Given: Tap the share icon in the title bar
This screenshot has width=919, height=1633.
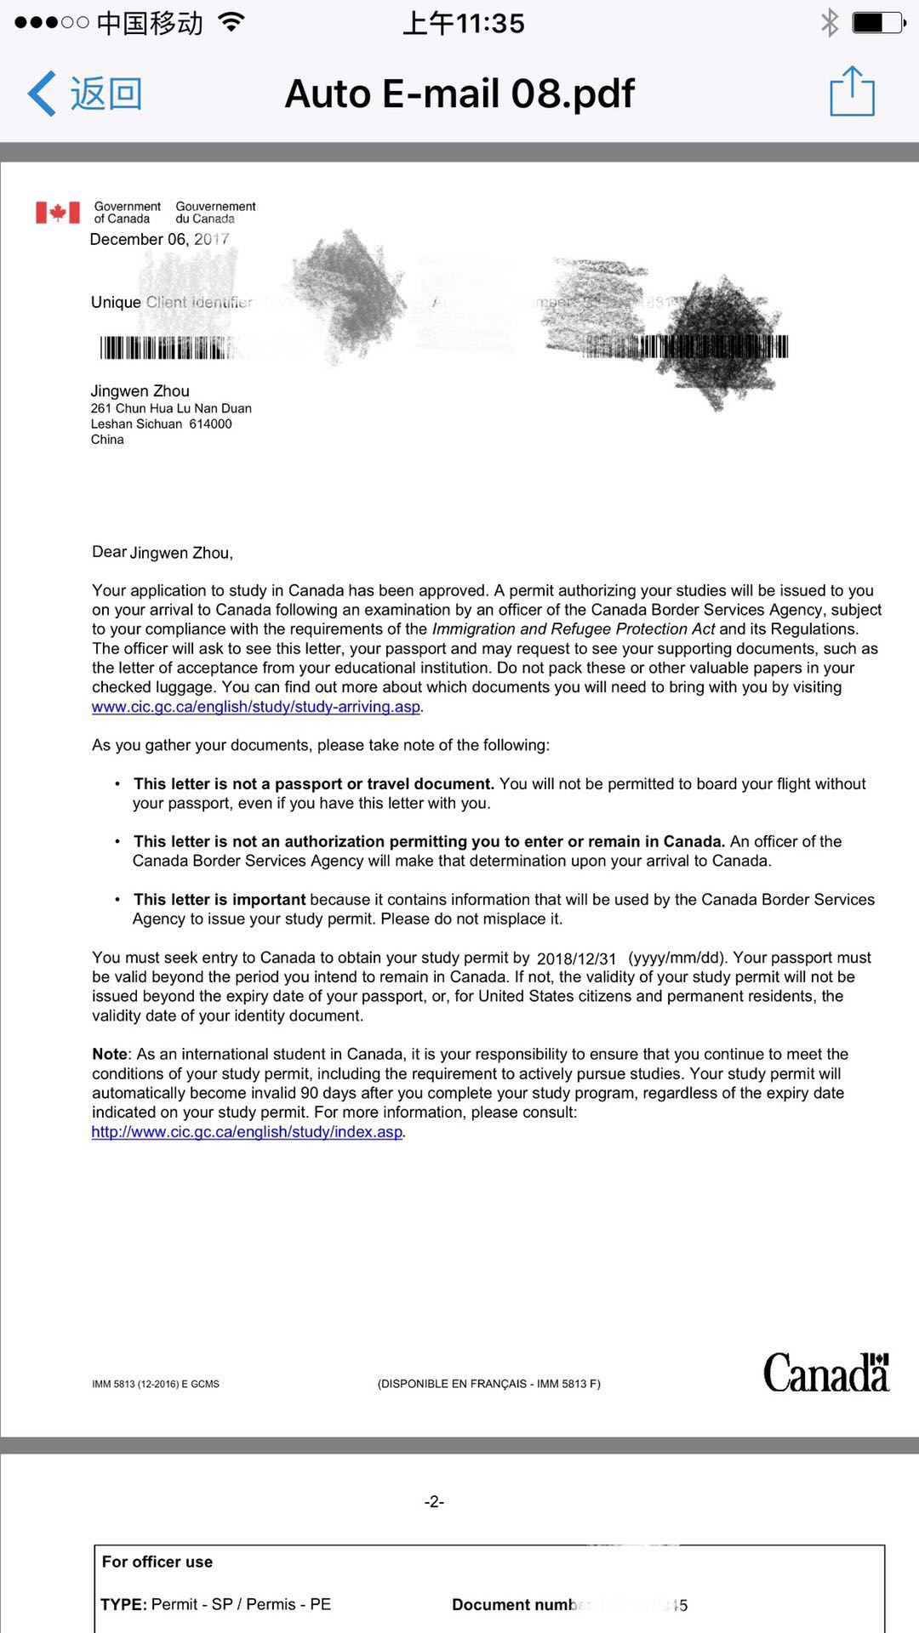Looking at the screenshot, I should click(852, 92).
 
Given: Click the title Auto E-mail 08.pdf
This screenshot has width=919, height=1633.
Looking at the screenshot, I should click(459, 94).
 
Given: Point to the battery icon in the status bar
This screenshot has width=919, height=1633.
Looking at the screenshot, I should click(878, 22).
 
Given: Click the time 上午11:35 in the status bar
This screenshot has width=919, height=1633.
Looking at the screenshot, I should click(464, 23).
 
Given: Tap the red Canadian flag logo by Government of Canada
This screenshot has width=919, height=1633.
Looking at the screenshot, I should click(57, 212).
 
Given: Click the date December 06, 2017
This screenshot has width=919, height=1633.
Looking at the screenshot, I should click(159, 239).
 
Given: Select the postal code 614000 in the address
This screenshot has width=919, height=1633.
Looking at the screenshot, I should click(210, 424).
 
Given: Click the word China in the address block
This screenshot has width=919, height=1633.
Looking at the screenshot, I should click(107, 440).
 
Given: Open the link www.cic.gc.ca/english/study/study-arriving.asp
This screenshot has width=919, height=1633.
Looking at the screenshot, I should click(255, 707).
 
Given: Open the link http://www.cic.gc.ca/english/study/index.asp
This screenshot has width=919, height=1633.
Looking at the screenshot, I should click(247, 1132).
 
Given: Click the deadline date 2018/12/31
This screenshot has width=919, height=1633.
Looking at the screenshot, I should click(576, 959).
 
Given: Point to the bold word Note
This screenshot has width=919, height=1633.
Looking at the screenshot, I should click(109, 1054).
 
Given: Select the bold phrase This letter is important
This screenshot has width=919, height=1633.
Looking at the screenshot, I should click(220, 899).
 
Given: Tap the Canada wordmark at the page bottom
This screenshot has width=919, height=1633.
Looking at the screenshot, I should click(825, 1372).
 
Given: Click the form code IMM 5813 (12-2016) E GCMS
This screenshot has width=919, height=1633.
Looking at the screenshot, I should click(156, 1384).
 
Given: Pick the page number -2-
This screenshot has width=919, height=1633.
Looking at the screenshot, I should click(434, 1502).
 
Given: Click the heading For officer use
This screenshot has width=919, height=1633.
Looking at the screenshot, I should click(157, 1562).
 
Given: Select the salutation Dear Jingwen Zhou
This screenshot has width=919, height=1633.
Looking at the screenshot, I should click(162, 553).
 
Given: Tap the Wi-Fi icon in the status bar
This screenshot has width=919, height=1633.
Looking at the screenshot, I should click(231, 22).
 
